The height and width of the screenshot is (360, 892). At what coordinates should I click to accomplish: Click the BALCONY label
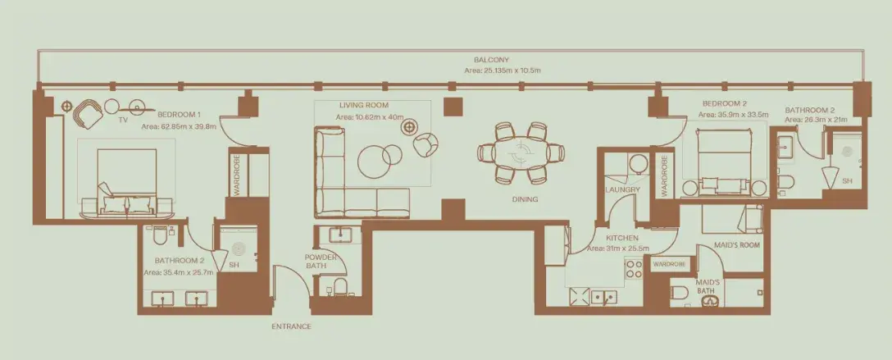click(492, 60)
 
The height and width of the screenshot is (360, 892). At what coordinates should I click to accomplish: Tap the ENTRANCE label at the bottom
click(291, 326)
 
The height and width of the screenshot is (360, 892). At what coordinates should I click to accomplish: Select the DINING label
click(524, 199)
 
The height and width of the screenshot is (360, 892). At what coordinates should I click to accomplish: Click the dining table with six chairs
click(521, 153)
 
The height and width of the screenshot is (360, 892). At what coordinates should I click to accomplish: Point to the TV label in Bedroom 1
click(123, 120)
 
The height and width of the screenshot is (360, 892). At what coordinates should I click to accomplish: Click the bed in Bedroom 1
click(126, 181)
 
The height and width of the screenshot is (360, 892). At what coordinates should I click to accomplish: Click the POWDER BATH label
click(321, 262)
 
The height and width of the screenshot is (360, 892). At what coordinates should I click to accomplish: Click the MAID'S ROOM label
click(737, 246)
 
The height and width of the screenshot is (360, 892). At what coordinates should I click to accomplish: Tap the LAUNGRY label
click(622, 190)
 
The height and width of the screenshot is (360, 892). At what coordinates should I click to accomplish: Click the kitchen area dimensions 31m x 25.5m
click(618, 248)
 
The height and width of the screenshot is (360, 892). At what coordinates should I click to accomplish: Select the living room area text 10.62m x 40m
click(369, 117)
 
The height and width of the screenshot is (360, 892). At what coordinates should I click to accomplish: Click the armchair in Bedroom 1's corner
click(88, 114)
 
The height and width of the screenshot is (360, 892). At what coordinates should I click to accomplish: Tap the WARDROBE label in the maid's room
click(668, 264)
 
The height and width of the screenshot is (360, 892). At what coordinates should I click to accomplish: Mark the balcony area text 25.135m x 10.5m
click(502, 71)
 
